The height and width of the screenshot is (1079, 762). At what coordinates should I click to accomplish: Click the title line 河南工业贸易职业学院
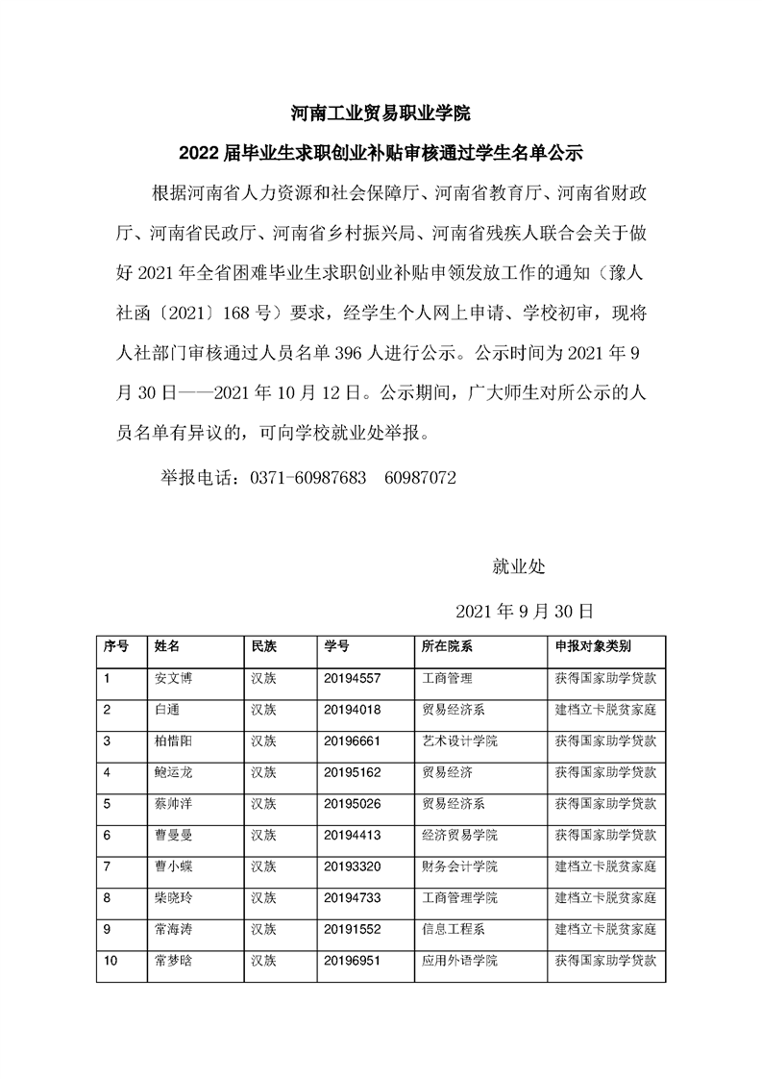click(381, 113)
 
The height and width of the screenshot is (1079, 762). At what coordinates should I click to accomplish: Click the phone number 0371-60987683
click(307, 477)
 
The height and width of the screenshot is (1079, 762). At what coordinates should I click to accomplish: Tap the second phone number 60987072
click(419, 477)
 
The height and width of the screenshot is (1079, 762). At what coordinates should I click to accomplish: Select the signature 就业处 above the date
click(518, 567)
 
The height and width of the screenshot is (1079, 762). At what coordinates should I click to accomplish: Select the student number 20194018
click(353, 710)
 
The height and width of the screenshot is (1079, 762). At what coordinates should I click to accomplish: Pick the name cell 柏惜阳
click(173, 740)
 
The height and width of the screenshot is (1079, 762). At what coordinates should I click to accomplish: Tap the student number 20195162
click(353, 772)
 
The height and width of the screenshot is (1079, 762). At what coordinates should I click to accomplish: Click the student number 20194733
click(353, 897)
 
